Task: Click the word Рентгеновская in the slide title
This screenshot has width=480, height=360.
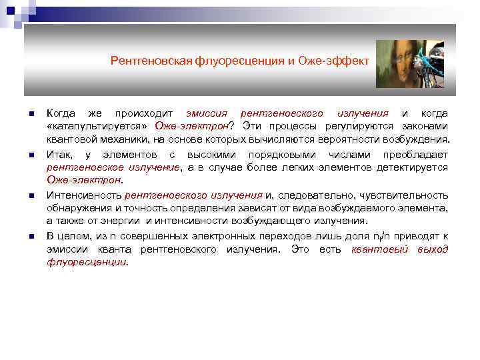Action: pyautogui.click(x=151, y=61)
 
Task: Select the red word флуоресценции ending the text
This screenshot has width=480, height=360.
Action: pyautogui.click(x=87, y=262)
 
